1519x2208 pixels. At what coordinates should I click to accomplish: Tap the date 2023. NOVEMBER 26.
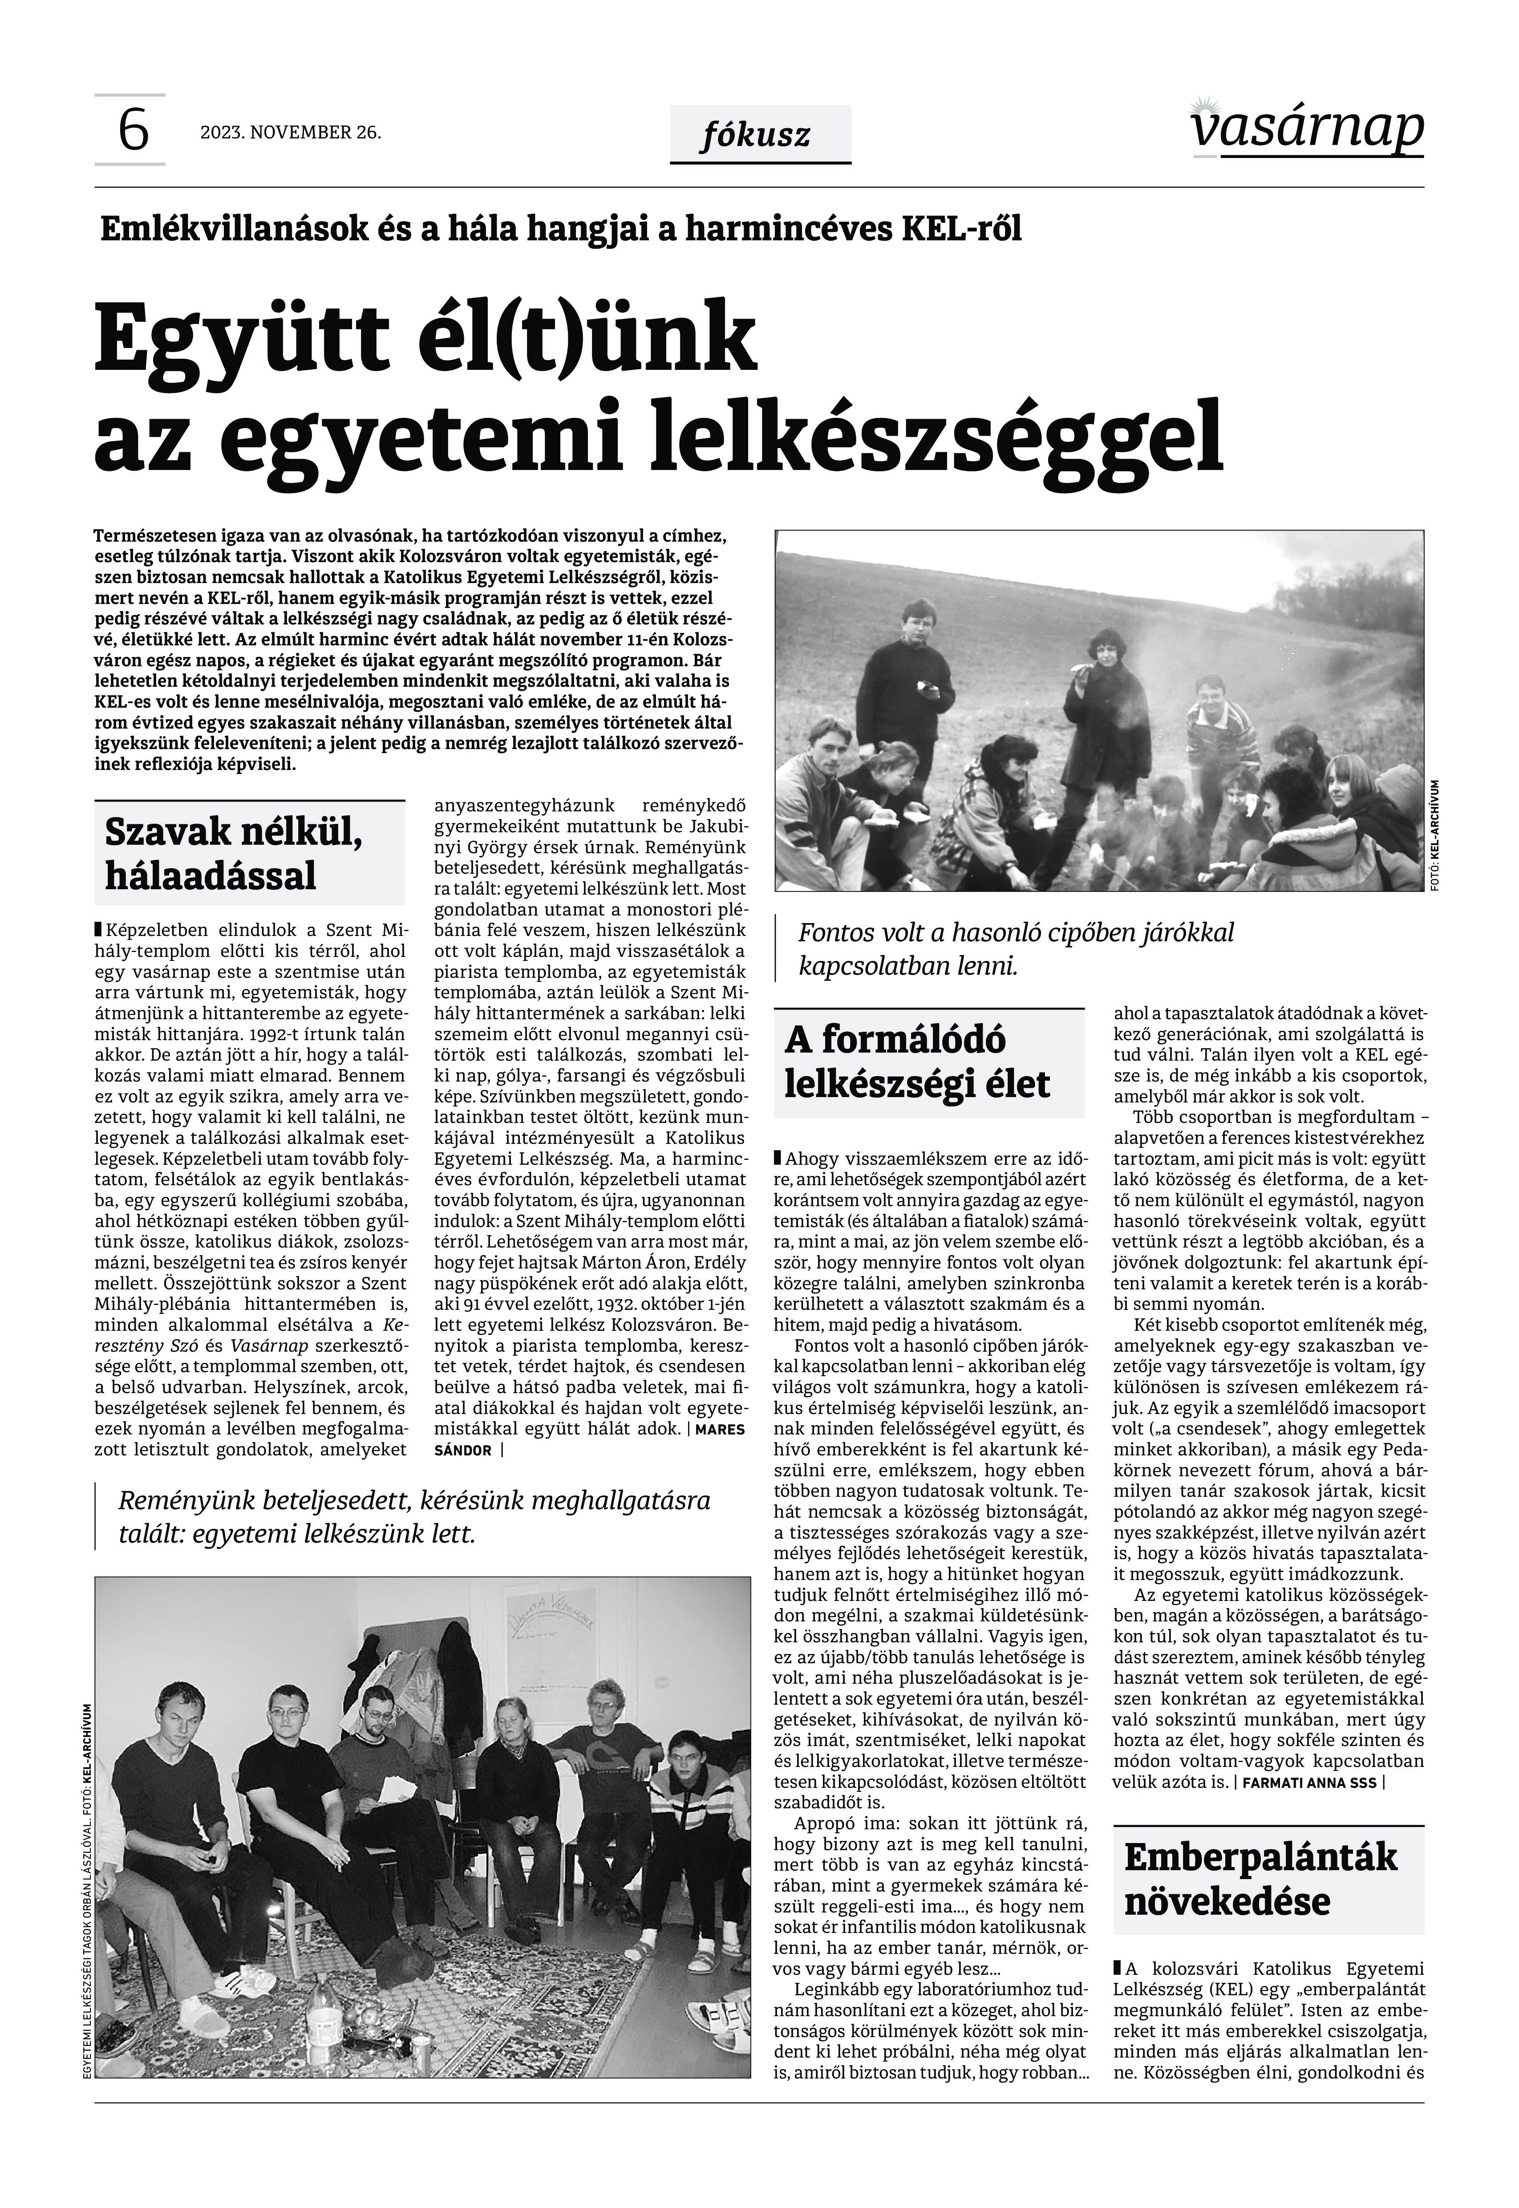coord(290,132)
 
